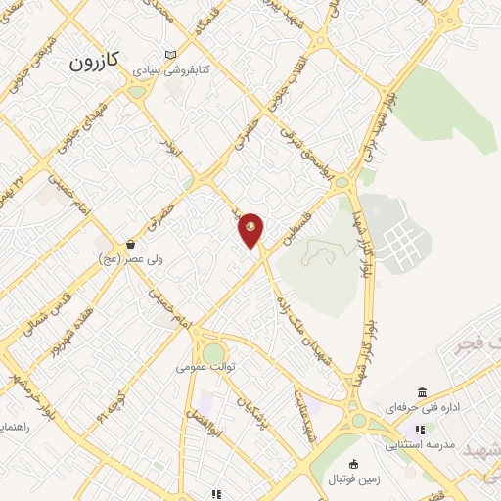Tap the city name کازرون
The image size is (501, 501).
(95, 62)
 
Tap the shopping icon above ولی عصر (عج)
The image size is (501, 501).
(129, 245)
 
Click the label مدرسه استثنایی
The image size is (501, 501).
(421, 444)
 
